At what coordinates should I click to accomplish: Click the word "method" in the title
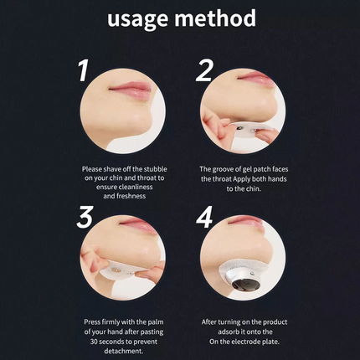coord(215,18)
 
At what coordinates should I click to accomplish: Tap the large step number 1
coord(83,70)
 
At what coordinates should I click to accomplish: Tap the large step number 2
coord(204,70)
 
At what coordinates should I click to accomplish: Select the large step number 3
coord(85,217)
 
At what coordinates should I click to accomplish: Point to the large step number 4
coord(204,217)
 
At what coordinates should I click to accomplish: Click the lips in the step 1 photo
coord(131,90)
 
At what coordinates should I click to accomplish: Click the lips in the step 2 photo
coord(256,78)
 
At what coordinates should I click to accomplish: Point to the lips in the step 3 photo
coord(137,224)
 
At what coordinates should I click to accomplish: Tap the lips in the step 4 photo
coord(245,222)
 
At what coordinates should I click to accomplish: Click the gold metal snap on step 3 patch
coord(115,269)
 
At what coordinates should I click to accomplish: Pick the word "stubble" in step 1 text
coord(155,169)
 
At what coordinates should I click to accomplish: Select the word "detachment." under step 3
coord(124,351)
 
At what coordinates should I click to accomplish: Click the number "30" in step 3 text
coord(94,342)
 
